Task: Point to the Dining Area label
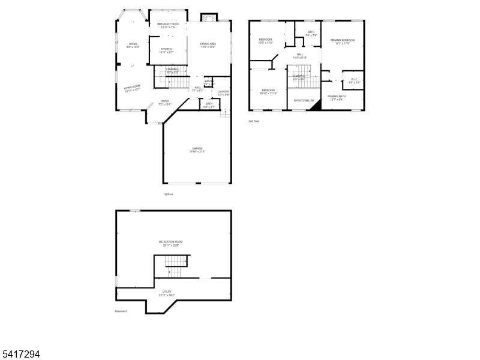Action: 208,45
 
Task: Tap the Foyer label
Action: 164,102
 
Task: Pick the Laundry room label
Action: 223,92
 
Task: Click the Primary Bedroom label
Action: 342,41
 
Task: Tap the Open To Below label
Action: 304,100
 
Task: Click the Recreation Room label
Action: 170,242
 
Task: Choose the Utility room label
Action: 167,293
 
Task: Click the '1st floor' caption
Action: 168,194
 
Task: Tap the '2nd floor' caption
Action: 254,121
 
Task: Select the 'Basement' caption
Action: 121,311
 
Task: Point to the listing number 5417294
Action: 20,355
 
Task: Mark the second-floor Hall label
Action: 299,56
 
